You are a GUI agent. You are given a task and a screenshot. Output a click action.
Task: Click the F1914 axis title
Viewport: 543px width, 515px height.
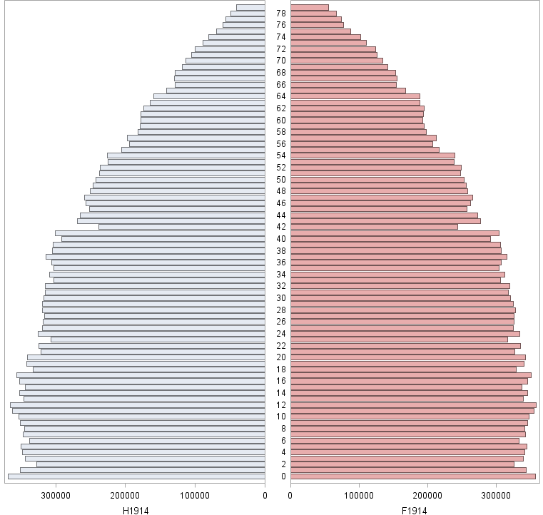415,510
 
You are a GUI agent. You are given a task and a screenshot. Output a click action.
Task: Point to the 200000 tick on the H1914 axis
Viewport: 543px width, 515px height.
126,496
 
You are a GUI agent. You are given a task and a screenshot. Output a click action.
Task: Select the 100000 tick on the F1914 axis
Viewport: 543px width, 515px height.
359,496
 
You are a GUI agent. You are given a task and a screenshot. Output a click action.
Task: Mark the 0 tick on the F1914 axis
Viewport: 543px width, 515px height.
290,496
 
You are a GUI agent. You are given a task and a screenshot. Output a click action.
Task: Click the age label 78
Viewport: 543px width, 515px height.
281,14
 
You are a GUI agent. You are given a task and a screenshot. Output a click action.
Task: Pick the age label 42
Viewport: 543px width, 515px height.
281,227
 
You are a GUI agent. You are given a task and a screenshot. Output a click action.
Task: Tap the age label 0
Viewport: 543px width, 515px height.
281,476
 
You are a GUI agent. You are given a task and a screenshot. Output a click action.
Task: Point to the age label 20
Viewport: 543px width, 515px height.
281,357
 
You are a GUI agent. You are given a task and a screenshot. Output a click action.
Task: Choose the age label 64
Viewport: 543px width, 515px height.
281,96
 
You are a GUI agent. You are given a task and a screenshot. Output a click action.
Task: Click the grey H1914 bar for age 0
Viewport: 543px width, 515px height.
136,476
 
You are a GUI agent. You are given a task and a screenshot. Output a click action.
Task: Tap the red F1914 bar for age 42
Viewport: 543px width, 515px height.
374,227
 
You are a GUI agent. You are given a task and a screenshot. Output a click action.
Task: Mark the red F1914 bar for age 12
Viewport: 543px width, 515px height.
413,405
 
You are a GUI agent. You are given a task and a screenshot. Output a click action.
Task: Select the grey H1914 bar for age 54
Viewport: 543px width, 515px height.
186,155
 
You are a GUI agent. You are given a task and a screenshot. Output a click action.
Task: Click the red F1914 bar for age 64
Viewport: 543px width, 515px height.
355,96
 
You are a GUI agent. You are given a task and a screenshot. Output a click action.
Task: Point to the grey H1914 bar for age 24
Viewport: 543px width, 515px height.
151,334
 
